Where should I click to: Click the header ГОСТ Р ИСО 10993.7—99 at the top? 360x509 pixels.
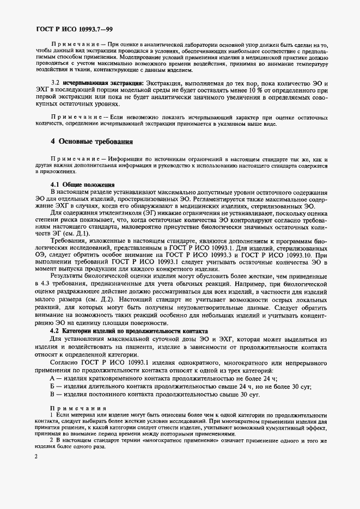point(68,27)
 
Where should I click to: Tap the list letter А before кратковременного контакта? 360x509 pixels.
point(52,378)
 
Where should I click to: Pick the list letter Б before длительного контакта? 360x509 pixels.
point(52,386)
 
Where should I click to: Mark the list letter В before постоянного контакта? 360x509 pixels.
point(52,394)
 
